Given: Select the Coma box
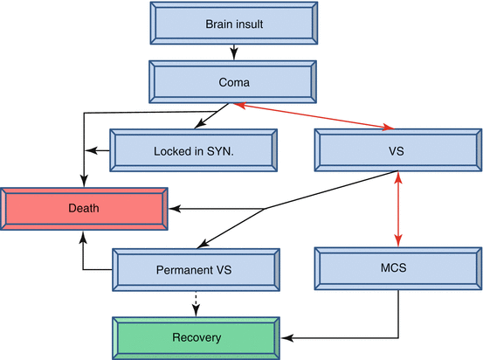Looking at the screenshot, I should [x=233, y=82].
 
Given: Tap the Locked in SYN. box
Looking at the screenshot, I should [x=193, y=150].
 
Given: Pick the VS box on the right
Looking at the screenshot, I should [x=397, y=150].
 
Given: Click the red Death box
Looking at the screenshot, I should [x=84, y=209].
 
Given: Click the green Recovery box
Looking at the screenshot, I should [x=196, y=336].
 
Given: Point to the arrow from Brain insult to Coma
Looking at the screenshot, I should [x=233, y=52].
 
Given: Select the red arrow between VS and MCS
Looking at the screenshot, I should [x=399, y=210].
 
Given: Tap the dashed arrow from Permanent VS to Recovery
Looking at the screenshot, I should [x=197, y=302].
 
